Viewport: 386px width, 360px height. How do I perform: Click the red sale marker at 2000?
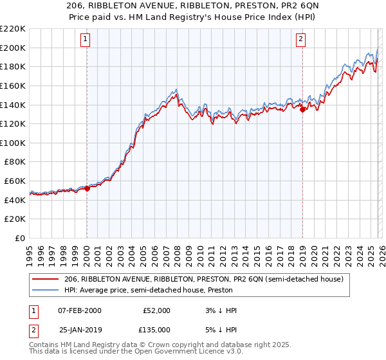87,188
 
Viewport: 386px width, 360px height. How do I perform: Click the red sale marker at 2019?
302,109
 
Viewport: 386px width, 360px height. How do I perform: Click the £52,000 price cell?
156,310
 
